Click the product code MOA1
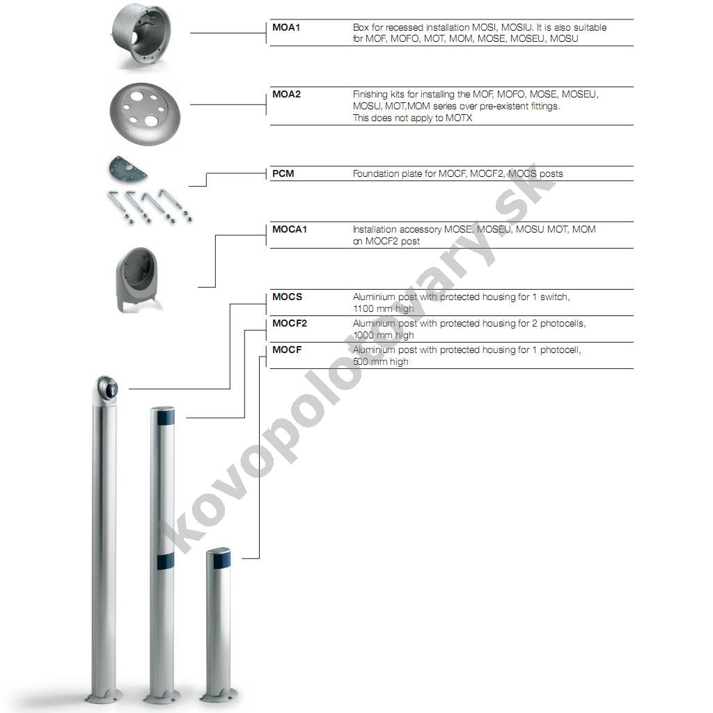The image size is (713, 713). click(x=286, y=27)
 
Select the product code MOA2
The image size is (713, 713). click(x=286, y=94)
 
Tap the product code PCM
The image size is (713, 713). click(x=283, y=173)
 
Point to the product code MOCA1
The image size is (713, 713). click(x=290, y=229)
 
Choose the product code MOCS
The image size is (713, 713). click(x=287, y=297)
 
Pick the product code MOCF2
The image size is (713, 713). click(x=290, y=323)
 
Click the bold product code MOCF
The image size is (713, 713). click(x=287, y=350)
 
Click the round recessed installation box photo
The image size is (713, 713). click(x=141, y=36)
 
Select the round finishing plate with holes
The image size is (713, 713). click(x=145, y=113)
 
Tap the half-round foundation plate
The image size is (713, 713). click(x=127, y=169)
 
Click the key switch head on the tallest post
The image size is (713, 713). click(x=107, y=388)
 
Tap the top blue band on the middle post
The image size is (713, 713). click(x=166, y=417)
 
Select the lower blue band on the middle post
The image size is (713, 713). click(x=166, y=561)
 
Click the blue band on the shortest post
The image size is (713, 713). click(x=221, y=559)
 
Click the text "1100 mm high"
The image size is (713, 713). click(x=384, y=308)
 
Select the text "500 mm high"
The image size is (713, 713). click(x=381, y=361)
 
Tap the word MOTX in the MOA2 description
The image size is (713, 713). click(x=459, y=118)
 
